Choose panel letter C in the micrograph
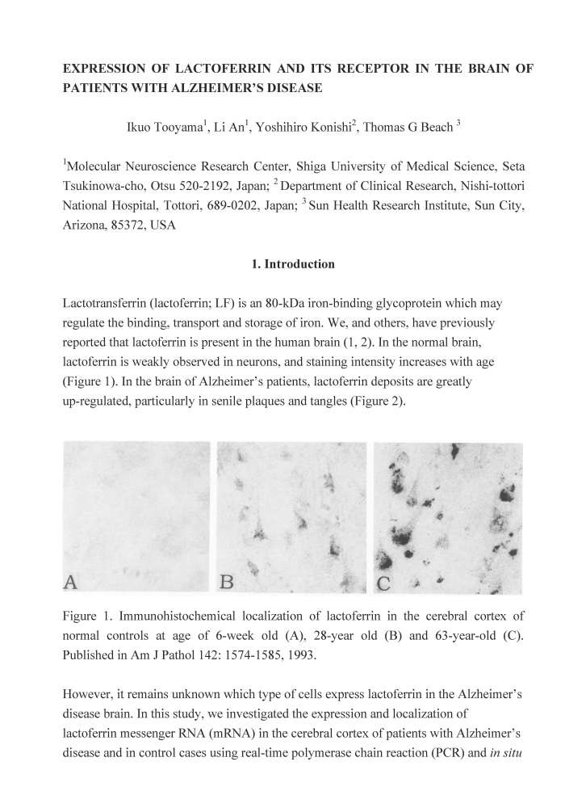tap(383, 582)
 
